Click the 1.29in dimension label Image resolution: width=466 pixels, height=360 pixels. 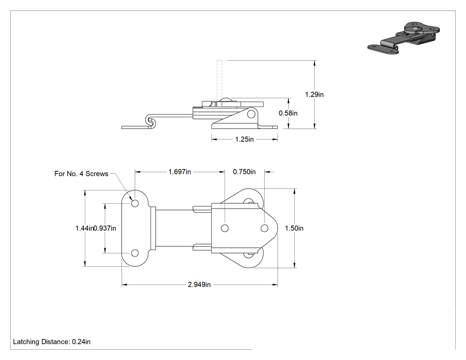click(314, 95)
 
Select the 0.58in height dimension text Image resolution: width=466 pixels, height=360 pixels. click(288, 113)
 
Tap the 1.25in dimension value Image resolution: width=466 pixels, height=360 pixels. click(244, 139)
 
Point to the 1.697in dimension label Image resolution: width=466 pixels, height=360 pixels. click(179, 172)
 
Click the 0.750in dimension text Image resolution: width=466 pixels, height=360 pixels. click(244, 172)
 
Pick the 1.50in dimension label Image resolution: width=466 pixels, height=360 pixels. click(294, 228)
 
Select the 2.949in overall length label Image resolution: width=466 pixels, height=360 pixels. click(199, 285)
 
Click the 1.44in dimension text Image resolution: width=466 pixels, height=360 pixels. click(84, 228)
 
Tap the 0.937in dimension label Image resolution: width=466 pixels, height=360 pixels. click(105, 228)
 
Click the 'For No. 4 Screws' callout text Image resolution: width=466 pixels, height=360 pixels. click(81, 174)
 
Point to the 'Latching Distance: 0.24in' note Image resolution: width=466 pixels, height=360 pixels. click(52, 342)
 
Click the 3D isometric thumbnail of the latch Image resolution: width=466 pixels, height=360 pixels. click(403, 38)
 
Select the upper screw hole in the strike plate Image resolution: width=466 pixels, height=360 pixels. click(135, 204)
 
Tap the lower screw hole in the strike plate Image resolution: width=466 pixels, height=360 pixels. click(135, 253)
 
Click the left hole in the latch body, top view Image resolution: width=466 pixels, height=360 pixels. click(225, 228)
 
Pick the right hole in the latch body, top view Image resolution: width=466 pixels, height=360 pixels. click(265, 228)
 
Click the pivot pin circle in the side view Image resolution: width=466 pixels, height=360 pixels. click(251, 114)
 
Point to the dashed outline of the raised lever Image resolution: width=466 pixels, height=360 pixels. click(220, 80)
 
